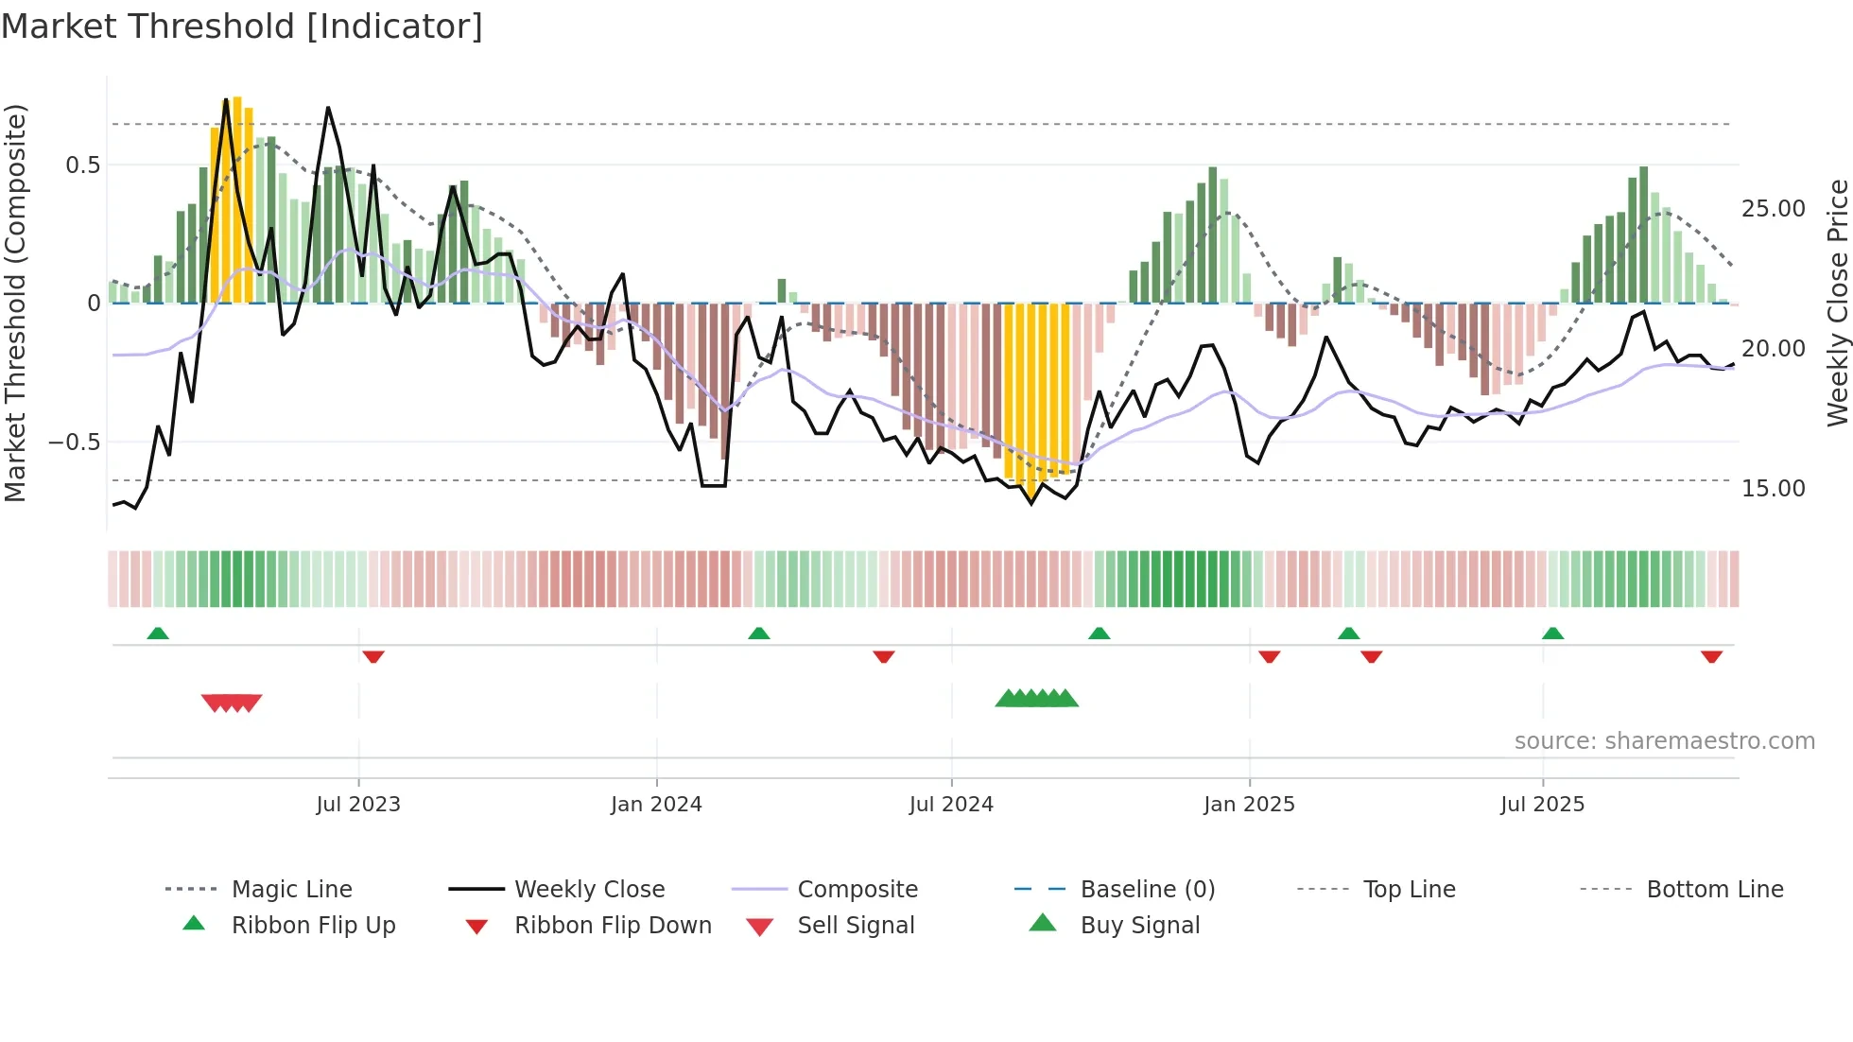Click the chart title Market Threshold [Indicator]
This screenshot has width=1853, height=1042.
click(242, 26)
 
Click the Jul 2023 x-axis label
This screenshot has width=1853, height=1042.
click(358, 805)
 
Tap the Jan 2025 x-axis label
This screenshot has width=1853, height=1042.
click(1249, 805)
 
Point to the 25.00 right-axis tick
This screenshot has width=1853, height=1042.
click(1773, 209)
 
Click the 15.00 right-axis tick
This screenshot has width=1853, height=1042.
click(1773, 489)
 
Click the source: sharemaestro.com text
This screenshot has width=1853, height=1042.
click(1664, 741)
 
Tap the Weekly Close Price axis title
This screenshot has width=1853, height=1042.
click(1837, 303)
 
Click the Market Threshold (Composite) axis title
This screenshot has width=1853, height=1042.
click(15, 303)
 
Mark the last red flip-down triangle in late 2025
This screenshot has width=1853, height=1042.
click(1711, 656)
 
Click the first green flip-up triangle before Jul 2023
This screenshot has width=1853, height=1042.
click(158, 634)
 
